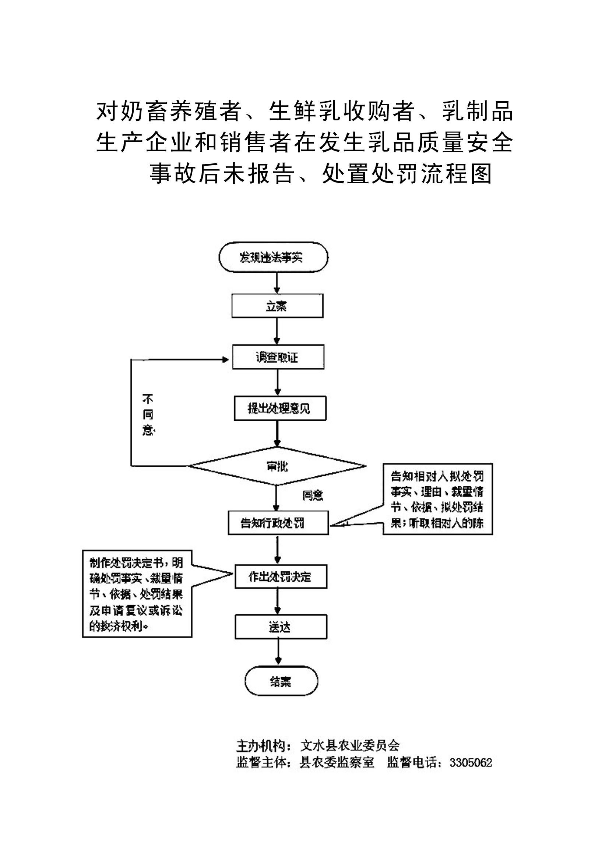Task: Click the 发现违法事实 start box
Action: (273, 257)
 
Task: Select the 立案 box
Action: (277, 306)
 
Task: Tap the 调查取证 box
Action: (278, 357)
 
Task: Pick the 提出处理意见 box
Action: (280, 408)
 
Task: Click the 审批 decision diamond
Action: (277, 466)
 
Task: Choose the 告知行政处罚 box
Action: (278, 523)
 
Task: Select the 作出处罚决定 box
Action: (281, 576)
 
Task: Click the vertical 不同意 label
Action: (148, 415)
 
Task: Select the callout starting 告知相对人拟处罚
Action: (437, 499)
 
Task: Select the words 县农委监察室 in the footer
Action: (337, 763)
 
